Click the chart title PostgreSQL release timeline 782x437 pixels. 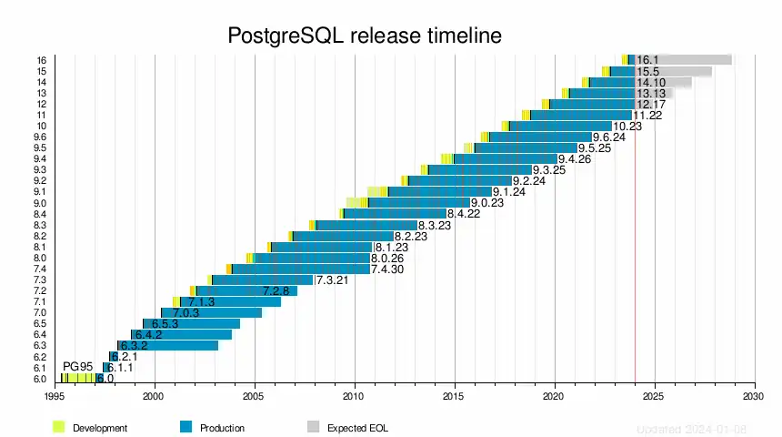click(364, 36)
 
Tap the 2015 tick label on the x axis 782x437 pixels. click(455, 397)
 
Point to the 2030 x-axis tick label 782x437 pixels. click(754, 397)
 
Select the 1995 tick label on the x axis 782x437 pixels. click(55, 397)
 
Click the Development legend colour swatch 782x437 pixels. click(59, 427)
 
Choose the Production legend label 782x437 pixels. click(222, 428)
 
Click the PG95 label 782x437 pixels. click(77, 367)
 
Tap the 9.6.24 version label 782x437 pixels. click(608, 137)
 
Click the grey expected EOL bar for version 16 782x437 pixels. click(696, 60)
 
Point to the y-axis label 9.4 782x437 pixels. click(40, 159)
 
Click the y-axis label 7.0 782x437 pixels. click(40, 313)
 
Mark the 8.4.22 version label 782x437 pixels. click(463, 214)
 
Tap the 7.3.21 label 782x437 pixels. click(333, 280)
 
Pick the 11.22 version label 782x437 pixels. click(647, 116)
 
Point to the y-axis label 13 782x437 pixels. click(42, 93)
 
